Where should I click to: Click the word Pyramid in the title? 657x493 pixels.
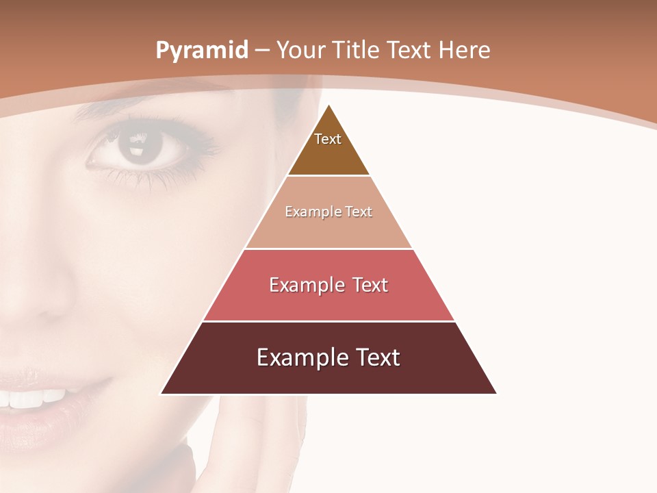click(x=201, y=51)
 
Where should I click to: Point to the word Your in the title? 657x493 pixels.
click(x=301, y=50)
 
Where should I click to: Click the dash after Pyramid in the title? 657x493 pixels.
click(x=262, y=51)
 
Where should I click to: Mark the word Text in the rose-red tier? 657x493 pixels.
click(x=370, y=285)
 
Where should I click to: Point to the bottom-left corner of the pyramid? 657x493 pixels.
click(x=162, y=393)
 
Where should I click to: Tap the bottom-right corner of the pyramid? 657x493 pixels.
click(x=495, y=393)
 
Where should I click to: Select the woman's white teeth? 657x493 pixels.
click(x=34, y=398)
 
